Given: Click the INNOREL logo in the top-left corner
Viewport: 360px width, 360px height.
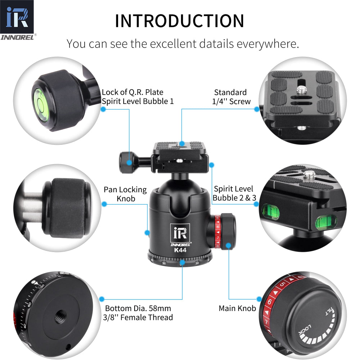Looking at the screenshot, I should [x=17, y=20].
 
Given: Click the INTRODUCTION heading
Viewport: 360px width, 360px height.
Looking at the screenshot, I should [x=179, y=21].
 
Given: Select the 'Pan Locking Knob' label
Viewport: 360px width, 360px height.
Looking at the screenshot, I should [x=125, y=194].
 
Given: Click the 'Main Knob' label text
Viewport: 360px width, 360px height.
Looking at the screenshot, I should [x=237, y=308].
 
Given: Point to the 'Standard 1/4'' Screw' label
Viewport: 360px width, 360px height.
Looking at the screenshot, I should [x=231, y=97].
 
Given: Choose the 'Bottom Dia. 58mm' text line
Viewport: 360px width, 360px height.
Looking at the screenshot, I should [x=138, y=309].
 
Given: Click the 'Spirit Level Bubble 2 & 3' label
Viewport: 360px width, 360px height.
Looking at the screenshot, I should [x=233, y=193].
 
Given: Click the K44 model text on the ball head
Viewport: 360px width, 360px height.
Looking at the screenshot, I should [x=180, y=250].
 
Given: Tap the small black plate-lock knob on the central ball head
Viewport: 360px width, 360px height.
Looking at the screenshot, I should [x=127, y=163].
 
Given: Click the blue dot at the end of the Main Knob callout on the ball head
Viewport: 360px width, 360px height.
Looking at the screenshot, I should [x=228, y=246].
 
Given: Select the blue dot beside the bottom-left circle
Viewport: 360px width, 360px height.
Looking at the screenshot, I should [x=102, y=299].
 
